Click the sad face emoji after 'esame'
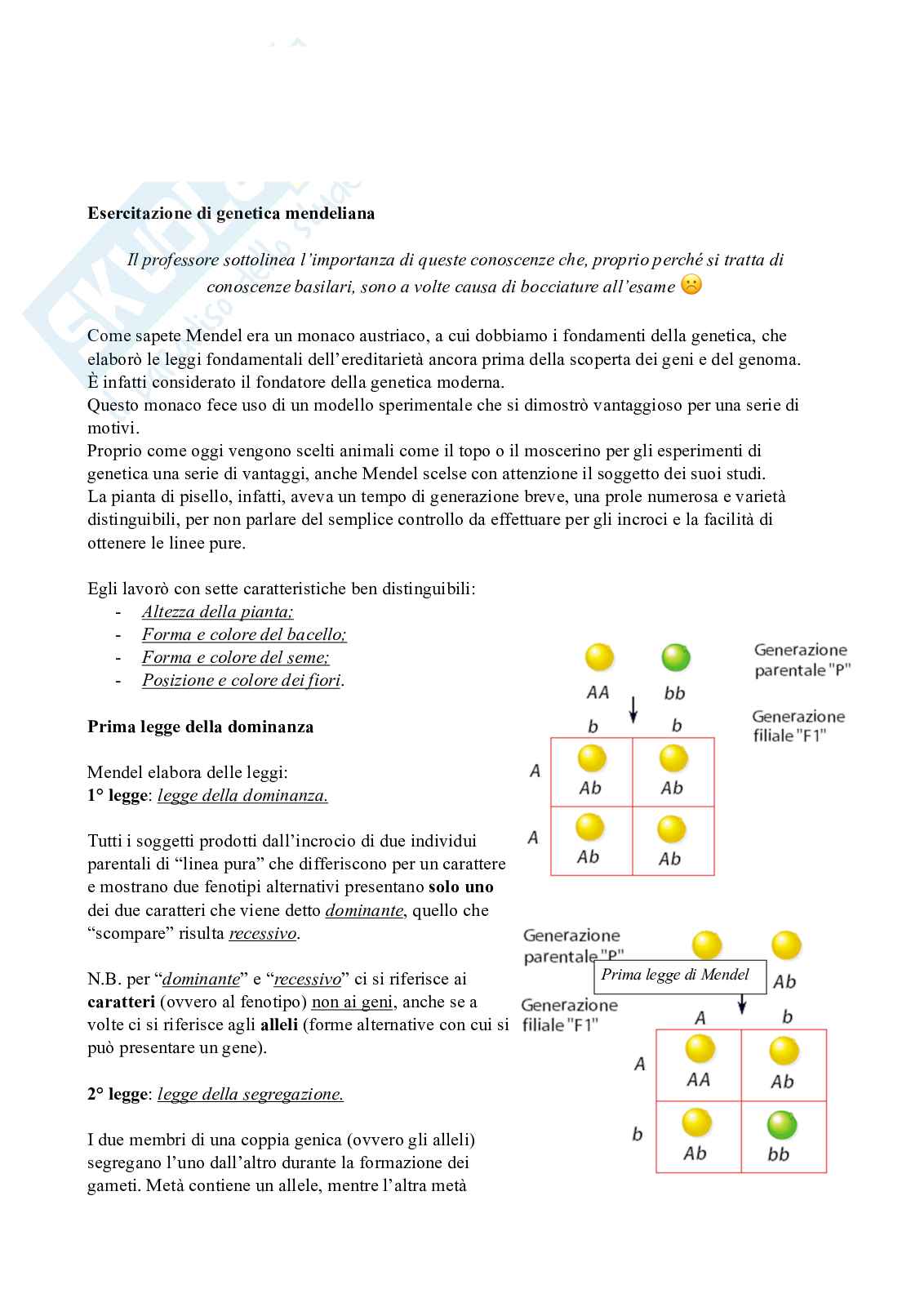click(691, 286)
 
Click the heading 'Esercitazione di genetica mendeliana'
click(231, 214)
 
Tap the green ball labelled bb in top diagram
click(676, 657)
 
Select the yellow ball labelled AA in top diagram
click(599, 657)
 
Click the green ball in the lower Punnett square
click(781, 1126)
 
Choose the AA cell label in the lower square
click(698, 1079)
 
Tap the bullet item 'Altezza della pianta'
click(217, 611)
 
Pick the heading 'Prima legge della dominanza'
click(200, 727)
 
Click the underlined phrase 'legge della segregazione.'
click(250, 1094)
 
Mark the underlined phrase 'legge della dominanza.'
click(242, 795)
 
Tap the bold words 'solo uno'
click(460, 887)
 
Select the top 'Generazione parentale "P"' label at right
click(801, 660)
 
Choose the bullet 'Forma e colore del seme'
click(235, 657)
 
